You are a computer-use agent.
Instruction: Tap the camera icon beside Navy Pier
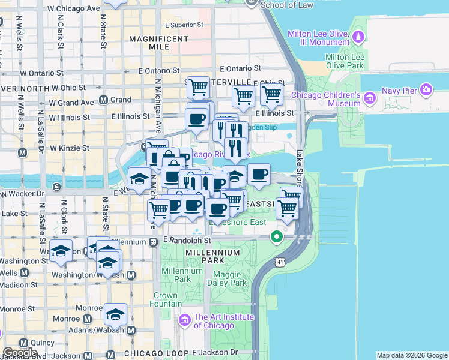coord(426,90)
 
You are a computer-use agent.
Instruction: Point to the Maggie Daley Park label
coord(230,278)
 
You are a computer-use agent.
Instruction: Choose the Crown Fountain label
coord(165,299)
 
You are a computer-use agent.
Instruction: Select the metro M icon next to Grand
coord(103,100)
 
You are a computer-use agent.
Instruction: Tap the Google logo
coord(20,353)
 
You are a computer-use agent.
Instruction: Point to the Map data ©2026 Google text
coord(411,355)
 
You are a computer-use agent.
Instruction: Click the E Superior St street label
coord(184,25)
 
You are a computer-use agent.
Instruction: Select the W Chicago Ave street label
coord(73,9)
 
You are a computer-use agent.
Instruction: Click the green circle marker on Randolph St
coord(277,237)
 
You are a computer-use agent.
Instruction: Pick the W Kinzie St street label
coord(69,148)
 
